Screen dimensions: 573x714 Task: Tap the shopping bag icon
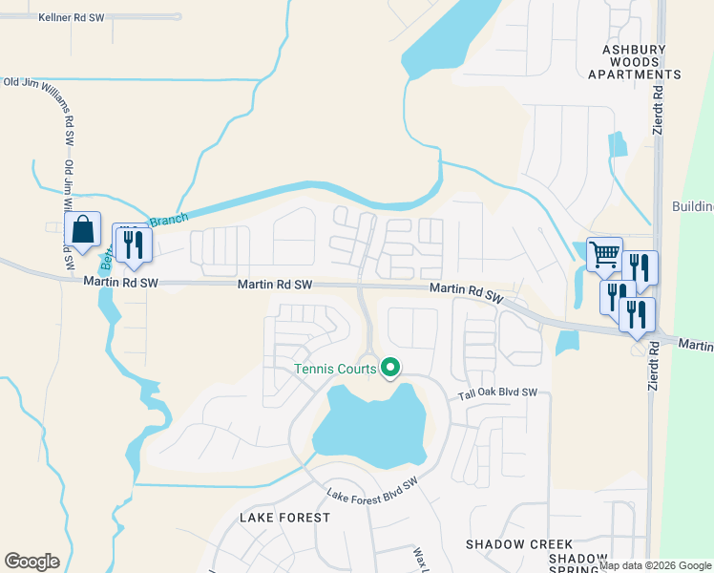[x=83, y=230]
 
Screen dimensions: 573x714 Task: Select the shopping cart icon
[x=604, y=254]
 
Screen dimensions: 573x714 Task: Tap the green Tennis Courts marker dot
[x=389, y=367]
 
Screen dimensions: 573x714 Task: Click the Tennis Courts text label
[x=334, y=369]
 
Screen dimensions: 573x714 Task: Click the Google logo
[x=31, y=561]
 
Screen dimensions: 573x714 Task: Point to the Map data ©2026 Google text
[x=656, y=565]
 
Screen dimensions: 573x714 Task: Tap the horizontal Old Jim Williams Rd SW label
[x=39, y=82]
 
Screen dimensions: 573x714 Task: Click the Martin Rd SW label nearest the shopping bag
[x=118, y=282]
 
